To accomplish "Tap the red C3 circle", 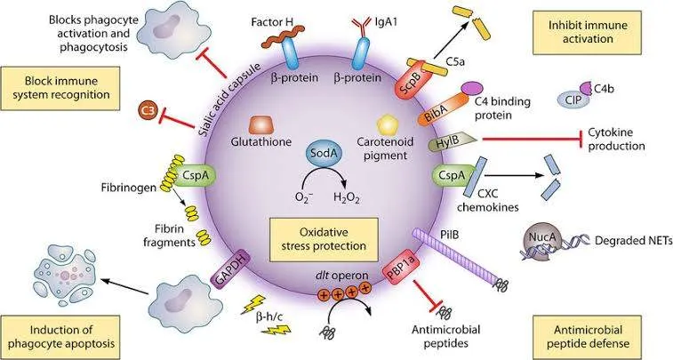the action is click(148, 111).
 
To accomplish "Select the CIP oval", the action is click(573, 100).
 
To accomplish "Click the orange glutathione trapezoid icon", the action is click(261, 124).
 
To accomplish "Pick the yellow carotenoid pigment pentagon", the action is click(389, 124).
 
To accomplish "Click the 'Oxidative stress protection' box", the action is click(324, 239).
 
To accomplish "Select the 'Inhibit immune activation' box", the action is click(587, 33).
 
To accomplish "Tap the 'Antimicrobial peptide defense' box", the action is click(587, 337).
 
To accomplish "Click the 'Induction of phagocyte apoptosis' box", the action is click(61, 337).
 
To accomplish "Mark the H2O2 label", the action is click(347, 198).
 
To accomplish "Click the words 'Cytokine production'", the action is click(616, 139).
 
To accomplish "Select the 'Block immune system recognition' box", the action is click(61, 88).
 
